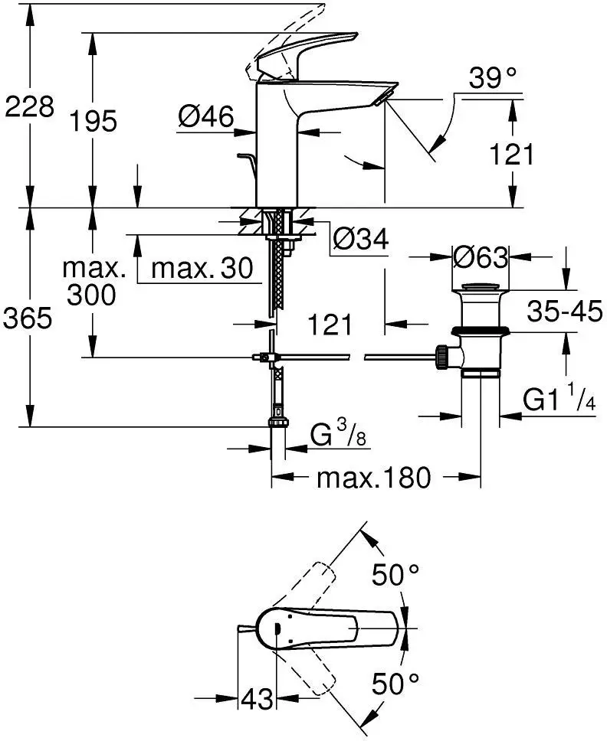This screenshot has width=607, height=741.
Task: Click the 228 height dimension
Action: pyautogui.click(x=29, y=106)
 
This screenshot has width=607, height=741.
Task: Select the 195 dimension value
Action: pyautogui.click(x=93, y=120)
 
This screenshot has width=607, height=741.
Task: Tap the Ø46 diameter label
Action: pyautogui.click(x=205, y=116)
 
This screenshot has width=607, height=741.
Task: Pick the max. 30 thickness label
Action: pyautogui.click(x=202, y=268)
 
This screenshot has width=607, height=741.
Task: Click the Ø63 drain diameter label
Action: pyautogui.click(x=481, y=257)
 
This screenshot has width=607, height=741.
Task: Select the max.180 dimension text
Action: pyautogui.click(x=375, y=478)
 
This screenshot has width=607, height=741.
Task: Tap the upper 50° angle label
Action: pyautogui.click(x=396, y=574)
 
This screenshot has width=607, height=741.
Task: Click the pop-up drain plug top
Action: pyautogui.click(x=480, y=288)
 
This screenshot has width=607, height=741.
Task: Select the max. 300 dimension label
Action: pyautogui.click(x=94, y=281)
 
